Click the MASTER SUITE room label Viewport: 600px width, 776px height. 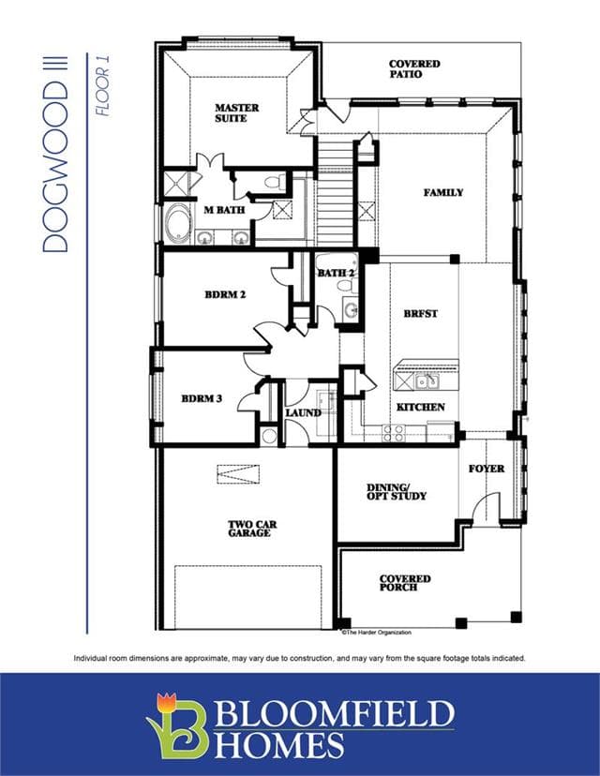236,112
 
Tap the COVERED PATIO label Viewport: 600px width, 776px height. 414,69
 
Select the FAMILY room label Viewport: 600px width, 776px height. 443,192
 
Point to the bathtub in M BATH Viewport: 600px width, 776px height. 177,224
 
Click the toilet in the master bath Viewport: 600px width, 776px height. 276,182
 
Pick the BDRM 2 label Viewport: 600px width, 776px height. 225,294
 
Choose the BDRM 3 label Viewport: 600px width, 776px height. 202,398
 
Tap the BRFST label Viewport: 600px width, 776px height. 420,314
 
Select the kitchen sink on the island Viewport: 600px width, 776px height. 427,381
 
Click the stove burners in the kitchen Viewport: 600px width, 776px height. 393,434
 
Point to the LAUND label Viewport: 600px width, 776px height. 303,412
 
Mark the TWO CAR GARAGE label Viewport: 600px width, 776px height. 252,529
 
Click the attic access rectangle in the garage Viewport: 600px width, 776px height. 238,474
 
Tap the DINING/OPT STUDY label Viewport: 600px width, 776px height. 396,492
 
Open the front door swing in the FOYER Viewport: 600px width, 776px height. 485,505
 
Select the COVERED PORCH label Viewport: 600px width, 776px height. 405,583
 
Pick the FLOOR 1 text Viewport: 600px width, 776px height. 102,85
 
